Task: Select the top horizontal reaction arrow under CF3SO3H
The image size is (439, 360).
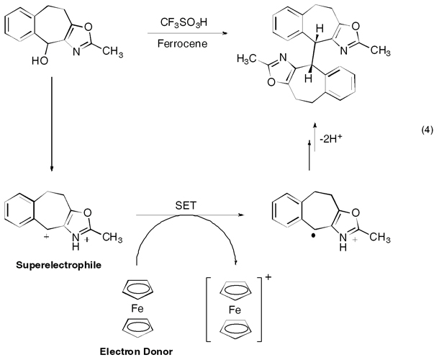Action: (x=185, y=32)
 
